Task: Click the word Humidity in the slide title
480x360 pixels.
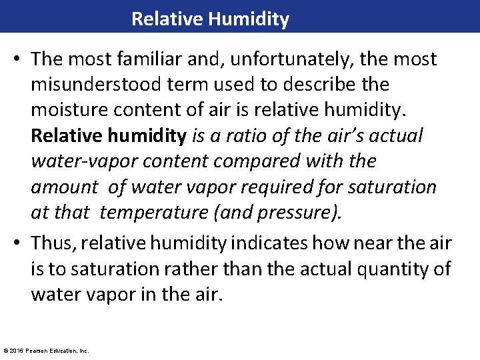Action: click(249, 19)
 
